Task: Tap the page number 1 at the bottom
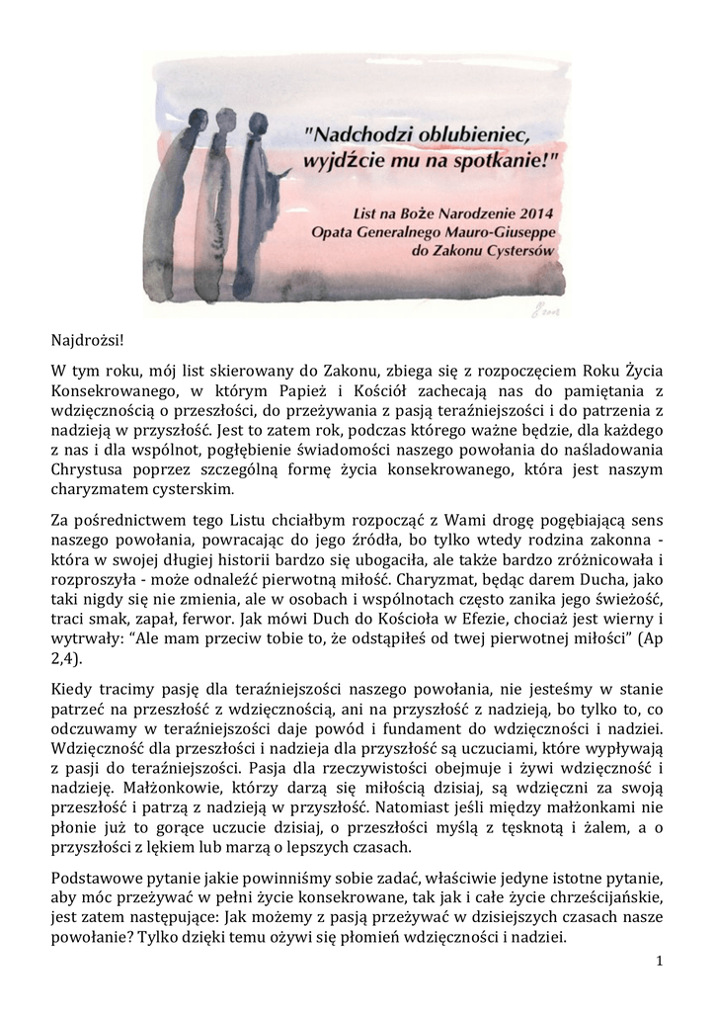pyautogui.click(x=659, y=961)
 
